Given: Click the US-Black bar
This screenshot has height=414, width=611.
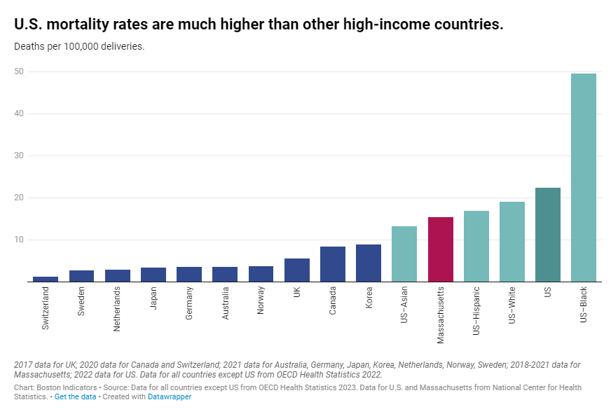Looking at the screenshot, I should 583,178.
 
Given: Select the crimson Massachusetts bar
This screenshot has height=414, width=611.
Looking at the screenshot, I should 440,249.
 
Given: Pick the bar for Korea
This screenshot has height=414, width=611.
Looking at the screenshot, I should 369,263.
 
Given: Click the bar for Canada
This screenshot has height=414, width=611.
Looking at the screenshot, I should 333,264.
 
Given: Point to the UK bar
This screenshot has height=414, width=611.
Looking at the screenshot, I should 296,270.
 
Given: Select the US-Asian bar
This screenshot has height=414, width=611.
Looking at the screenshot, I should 404,254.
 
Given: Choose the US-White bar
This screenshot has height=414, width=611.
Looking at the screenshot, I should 512,242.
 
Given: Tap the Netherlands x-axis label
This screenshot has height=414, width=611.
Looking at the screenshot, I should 117,308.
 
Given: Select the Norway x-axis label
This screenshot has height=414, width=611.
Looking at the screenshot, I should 261,301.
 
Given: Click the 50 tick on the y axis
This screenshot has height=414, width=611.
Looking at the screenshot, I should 18,71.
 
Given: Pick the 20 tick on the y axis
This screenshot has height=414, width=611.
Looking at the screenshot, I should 18,198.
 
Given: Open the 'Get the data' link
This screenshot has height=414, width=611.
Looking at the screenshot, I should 76,396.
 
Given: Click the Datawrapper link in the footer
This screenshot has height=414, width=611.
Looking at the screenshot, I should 169,396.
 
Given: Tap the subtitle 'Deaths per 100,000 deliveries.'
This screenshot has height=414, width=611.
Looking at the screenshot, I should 79,47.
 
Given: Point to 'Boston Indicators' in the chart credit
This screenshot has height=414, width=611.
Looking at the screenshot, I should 64,387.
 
